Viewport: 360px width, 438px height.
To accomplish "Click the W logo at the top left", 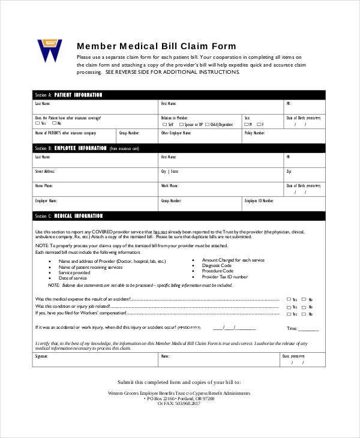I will click(x=50, y=51).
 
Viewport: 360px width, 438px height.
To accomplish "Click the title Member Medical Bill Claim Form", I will click(x=156, y=46).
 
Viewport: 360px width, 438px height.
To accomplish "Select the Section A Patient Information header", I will click(x=69, y=95).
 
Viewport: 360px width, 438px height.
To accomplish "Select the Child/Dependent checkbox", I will click(x=206, y=124).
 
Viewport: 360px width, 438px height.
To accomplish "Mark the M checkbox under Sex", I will click(x=246, y=124).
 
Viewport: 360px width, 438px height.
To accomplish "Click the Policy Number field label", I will click(x=254, y=133).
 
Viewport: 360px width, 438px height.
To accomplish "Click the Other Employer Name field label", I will click(x=175, y=133).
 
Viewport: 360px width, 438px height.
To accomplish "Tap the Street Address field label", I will click(x=46, y=171).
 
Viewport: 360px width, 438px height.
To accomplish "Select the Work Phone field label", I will click(x=169, y=186).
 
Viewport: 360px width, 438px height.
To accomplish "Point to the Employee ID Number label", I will click(x=259, y=201).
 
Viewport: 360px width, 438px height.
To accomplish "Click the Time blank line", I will click(x=309, y=329).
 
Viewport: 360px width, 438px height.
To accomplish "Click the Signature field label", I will click(x=41, y=356).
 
